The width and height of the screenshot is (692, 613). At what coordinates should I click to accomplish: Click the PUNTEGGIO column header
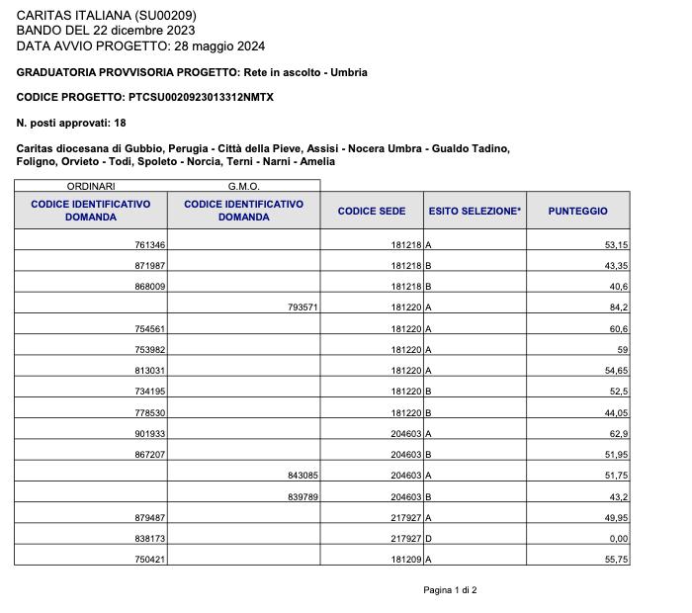[578, 211]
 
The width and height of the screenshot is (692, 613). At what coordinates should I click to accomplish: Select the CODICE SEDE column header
[372, 211]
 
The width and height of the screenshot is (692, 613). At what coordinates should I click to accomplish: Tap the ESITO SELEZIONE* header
[475, 211]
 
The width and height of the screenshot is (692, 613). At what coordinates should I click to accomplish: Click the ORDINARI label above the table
[91, 186]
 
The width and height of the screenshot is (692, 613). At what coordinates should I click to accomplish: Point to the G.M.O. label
[243, 186]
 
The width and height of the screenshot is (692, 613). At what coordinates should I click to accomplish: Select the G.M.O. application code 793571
[303, 307]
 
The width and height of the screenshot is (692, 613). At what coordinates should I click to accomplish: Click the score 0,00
[618, 538]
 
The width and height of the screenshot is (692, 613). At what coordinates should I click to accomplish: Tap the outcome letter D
[429, 538]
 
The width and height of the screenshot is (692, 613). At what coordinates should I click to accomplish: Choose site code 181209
[406, 559]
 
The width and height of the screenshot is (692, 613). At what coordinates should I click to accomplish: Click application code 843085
[303, 476]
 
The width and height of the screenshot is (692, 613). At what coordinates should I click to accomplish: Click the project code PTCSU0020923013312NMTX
[201, 97]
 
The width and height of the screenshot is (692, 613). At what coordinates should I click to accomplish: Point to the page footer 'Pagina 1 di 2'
[450, 590]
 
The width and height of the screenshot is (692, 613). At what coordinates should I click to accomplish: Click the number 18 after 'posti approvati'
[120, 123]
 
